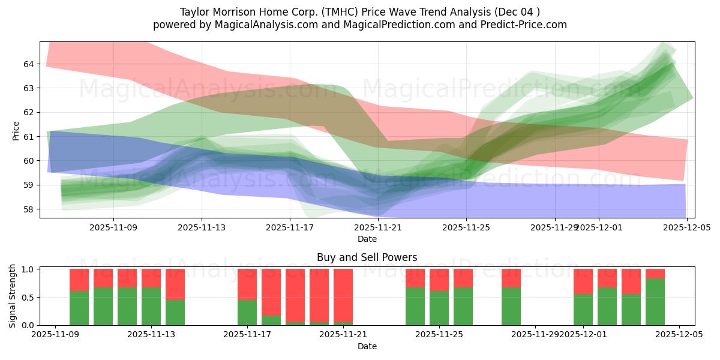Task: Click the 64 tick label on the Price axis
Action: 29,64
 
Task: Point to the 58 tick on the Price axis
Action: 29,209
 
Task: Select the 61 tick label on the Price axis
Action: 29,137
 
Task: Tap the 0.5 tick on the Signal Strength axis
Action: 27,298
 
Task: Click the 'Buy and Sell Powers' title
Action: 367,257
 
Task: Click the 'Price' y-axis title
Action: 16,131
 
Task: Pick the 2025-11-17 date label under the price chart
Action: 290,227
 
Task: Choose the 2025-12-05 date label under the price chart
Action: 686,227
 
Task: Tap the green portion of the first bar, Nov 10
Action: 79,308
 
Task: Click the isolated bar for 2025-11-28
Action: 511,306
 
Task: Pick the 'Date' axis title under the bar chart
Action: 367,346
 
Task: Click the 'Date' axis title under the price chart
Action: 367,239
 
